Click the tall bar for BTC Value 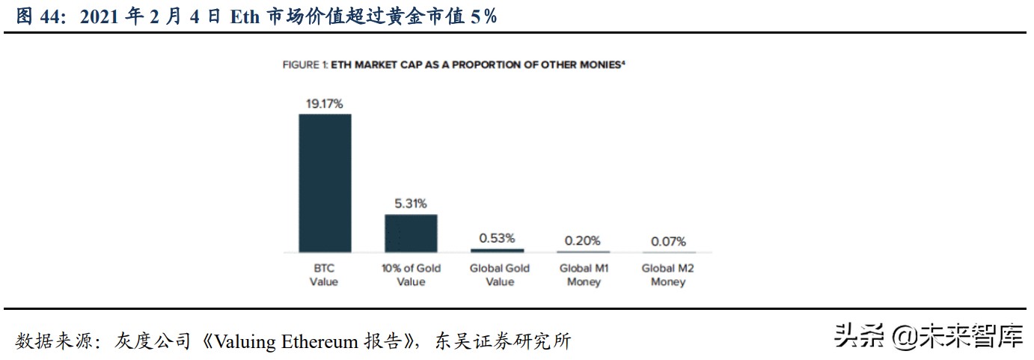click(x=325, y=183)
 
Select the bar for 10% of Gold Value click(x=411, y=233)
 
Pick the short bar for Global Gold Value click(x=497, y=249)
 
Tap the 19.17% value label click(x=324, y=103)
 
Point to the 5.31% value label click(x=411, y=203)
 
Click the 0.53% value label click(x=497, y=238)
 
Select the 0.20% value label click(x=583, y=240)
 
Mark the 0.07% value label click(x=668, y=242)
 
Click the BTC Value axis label click(x=324, y=275)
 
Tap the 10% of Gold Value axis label click(x=411, y=275)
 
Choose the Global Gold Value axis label click(x=499, y=275)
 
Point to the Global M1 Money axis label click(x=584, y=275)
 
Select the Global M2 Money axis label click(x=668, y=275)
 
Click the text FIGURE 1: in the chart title click(x=305, y=65)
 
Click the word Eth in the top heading click(x=243, y=16)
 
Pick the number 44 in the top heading click(x=51, y=16)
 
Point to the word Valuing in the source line click(x=246, y=341)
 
